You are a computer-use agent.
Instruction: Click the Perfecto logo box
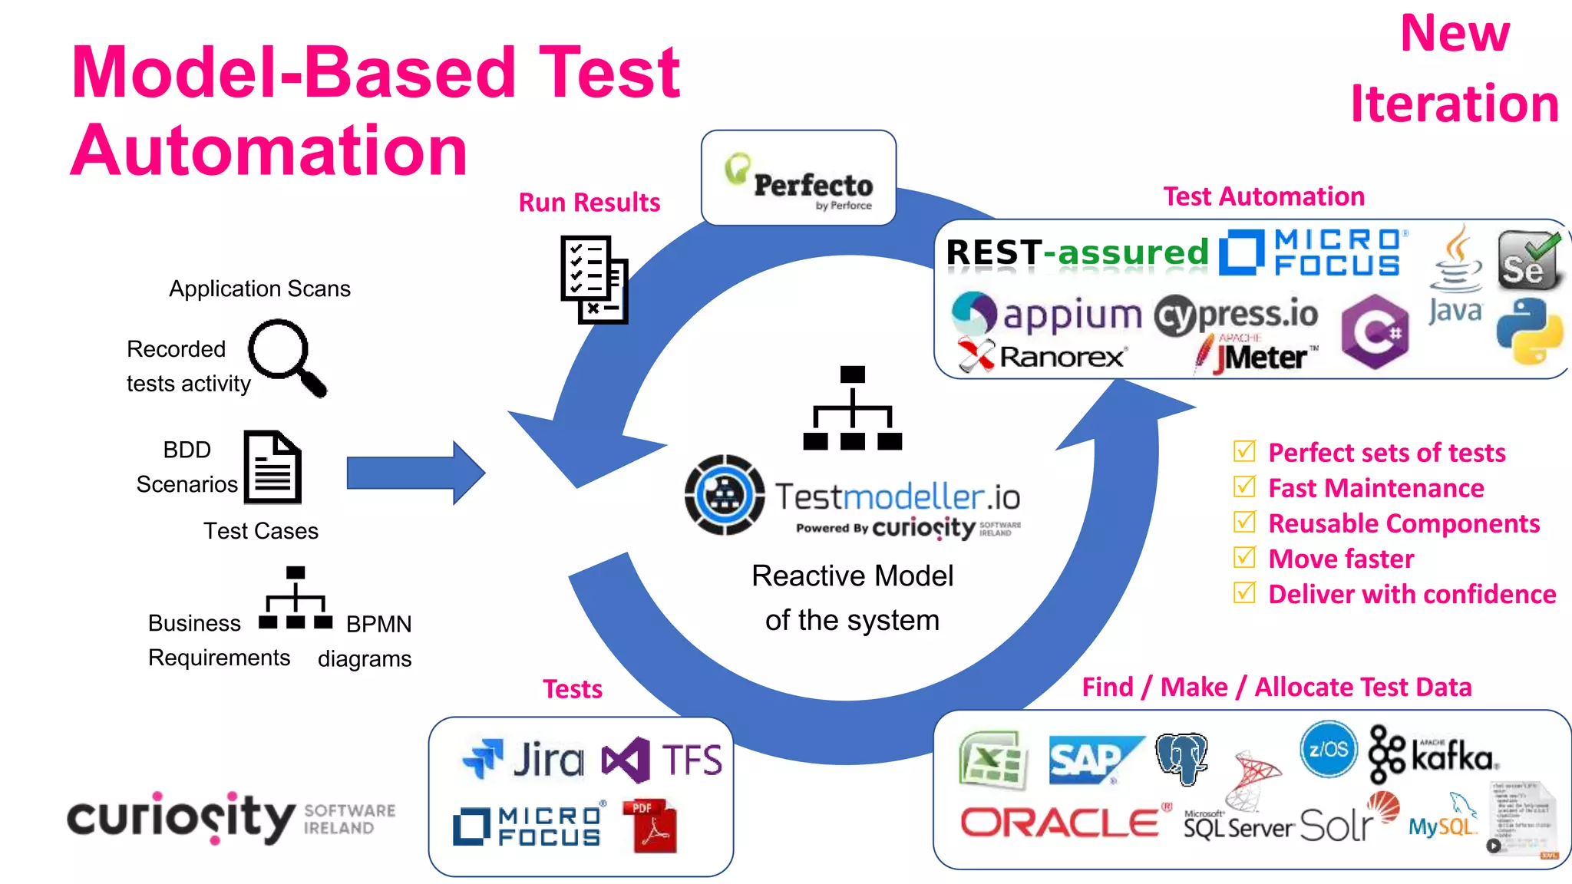tap(798, 178)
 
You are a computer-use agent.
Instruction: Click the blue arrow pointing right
tap(415, 473)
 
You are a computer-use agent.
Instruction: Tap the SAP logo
tap(1093, 760)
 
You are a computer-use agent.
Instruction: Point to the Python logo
tap(1529, 331)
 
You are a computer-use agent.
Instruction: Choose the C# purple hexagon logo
tap(1375, 331)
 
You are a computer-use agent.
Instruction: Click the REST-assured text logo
tap(1077, 252)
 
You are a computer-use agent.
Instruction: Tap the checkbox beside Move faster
tap(1244, 557)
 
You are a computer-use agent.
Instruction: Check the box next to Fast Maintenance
tap(1244, 487)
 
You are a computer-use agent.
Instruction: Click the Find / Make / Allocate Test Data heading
tap(1276, 687)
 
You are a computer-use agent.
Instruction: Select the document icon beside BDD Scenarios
tap(272, 467)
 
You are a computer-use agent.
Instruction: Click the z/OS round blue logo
tap(1328, 749)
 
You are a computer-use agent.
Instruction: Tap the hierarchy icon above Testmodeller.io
tap(852, 408)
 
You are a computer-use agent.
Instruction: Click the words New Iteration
tap(1455, 69)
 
